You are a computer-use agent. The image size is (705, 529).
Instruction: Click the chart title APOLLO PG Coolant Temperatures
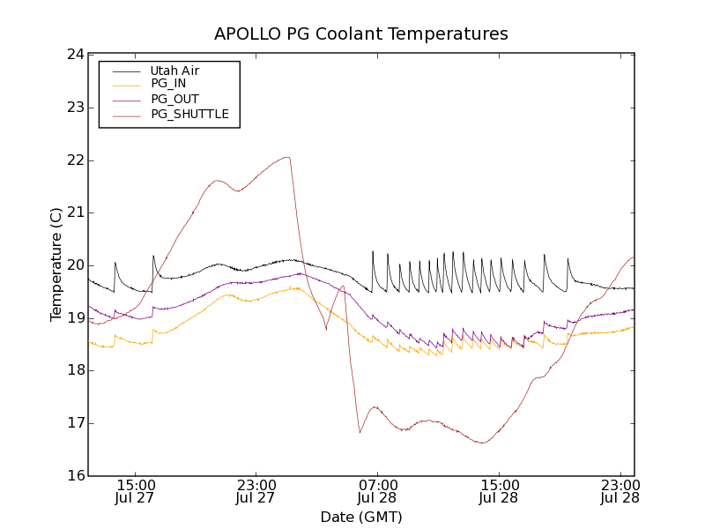(361, 34)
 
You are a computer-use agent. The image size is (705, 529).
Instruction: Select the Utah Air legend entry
(174, 71)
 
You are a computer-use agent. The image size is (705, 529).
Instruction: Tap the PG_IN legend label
(168, 83)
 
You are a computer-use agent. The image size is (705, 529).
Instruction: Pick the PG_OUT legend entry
(174, 99)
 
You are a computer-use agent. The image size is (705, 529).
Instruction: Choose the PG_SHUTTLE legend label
(189, 114)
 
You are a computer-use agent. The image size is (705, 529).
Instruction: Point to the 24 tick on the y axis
(75, 55)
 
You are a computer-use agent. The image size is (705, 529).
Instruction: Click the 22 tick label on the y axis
(75, 160)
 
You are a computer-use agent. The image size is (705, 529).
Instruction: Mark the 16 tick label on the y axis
(75, 476)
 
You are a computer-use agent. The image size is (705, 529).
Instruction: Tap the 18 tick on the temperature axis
(75, 370)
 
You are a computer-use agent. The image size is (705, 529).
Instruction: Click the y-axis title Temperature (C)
(56, 264)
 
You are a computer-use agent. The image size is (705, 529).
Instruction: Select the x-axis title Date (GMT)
(361, 517)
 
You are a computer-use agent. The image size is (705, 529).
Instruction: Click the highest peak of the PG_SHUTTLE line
(286, 158)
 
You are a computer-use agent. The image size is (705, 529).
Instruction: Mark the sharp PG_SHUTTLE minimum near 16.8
(360, 433)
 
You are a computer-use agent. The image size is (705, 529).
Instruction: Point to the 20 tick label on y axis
(75, 265)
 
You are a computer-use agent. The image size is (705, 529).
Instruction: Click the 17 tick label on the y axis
(75, 423)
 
